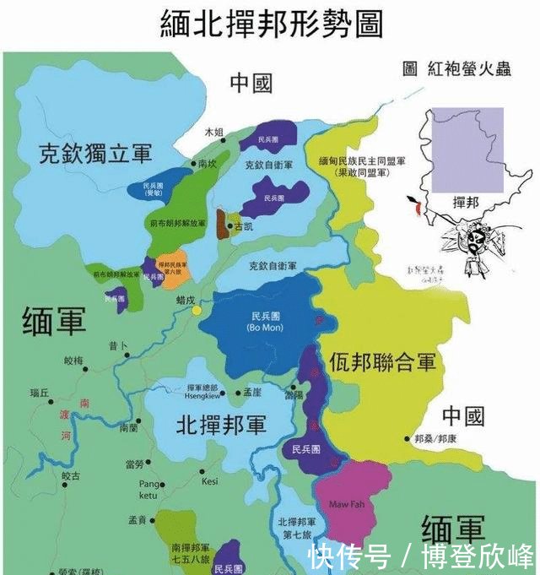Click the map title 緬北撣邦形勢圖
(271, 24)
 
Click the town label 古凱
(243, 227)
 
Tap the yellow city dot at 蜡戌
(197, 311)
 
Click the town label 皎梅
(74, 361)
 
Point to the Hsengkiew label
(202, 393)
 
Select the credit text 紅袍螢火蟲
(467, 68)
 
